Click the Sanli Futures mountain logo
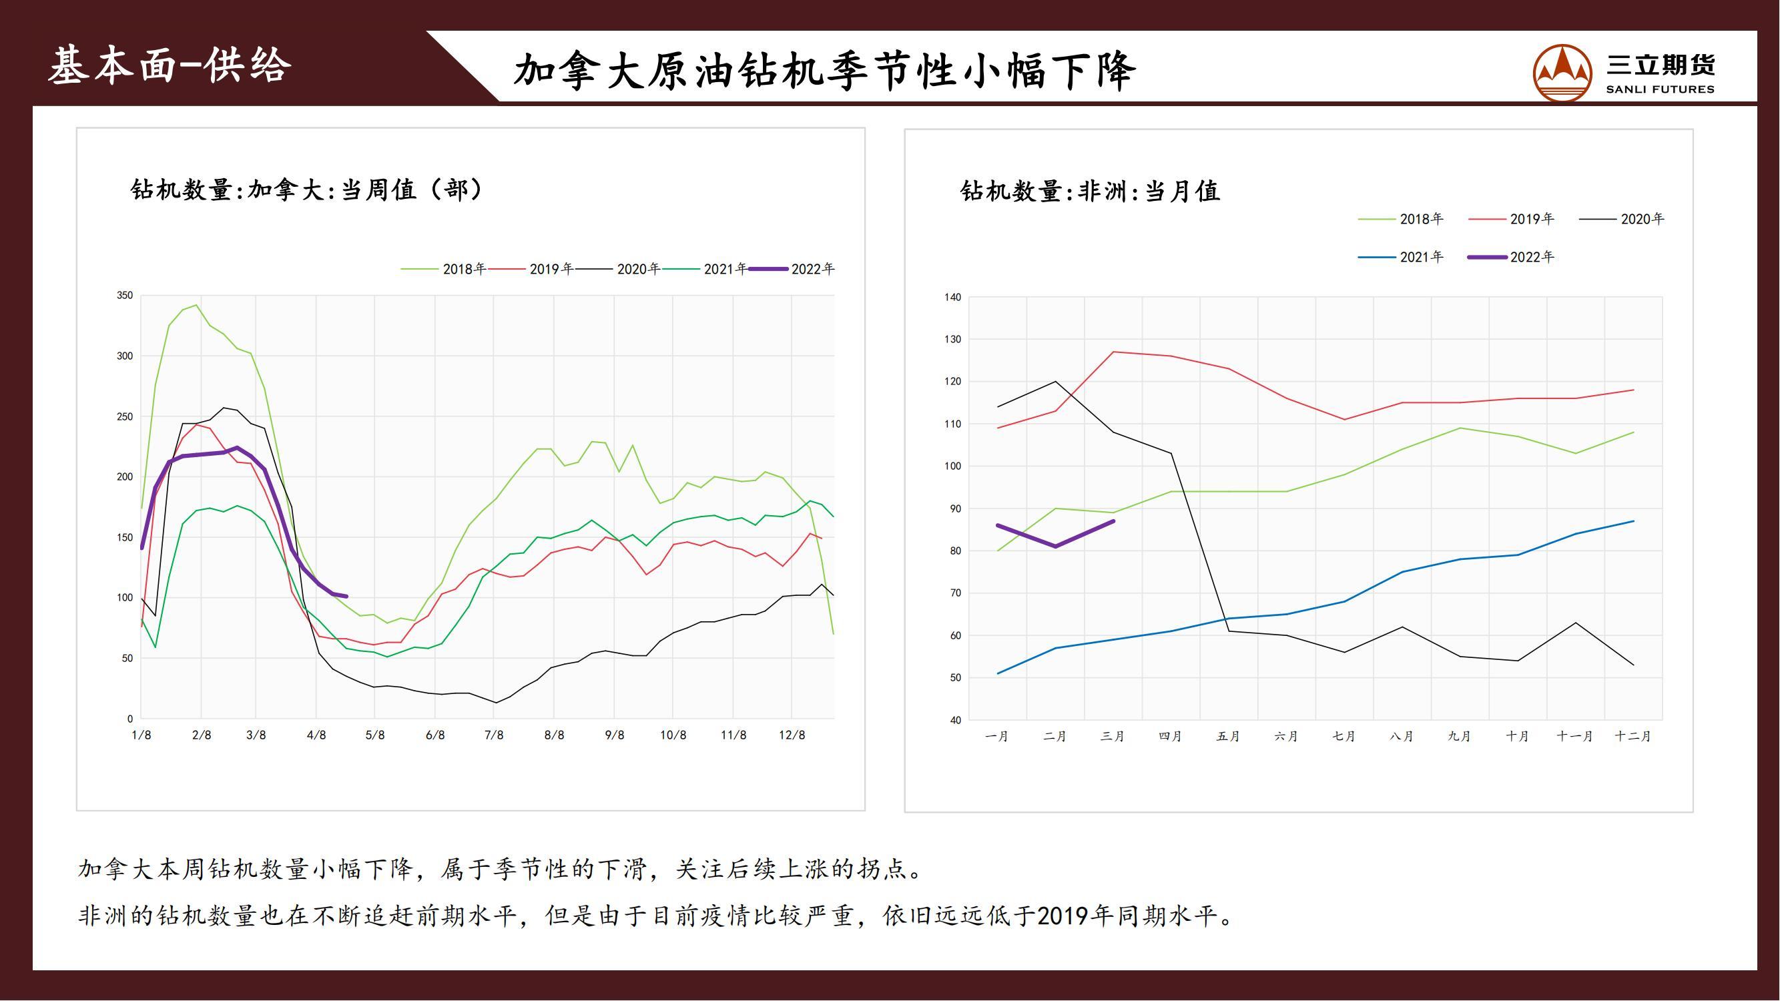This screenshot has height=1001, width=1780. click(1562, 73)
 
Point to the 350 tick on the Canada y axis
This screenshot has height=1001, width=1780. click(124, 296)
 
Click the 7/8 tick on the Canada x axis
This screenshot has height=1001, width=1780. click(493, 735)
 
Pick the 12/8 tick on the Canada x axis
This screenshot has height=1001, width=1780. click(792, 735)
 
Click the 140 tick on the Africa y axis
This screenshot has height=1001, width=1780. click(952, 298)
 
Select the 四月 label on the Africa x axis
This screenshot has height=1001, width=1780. click(1171, 737)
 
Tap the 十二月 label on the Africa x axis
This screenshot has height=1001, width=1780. click(1633, 737)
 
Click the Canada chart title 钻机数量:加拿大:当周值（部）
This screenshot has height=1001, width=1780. click(308, 190)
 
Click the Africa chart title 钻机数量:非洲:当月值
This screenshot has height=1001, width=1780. click(1091, 192)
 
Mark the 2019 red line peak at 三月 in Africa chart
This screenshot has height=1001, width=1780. click(1113, 352)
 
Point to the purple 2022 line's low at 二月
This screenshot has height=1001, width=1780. click(1056, 547)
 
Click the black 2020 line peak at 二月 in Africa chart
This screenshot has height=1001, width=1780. click(1056, 381)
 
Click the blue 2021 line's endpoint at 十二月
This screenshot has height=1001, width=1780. click(1634, 521)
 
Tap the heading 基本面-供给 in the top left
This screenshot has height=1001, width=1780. click(170, 66)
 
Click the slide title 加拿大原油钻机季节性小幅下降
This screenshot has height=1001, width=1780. click(824, 71)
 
